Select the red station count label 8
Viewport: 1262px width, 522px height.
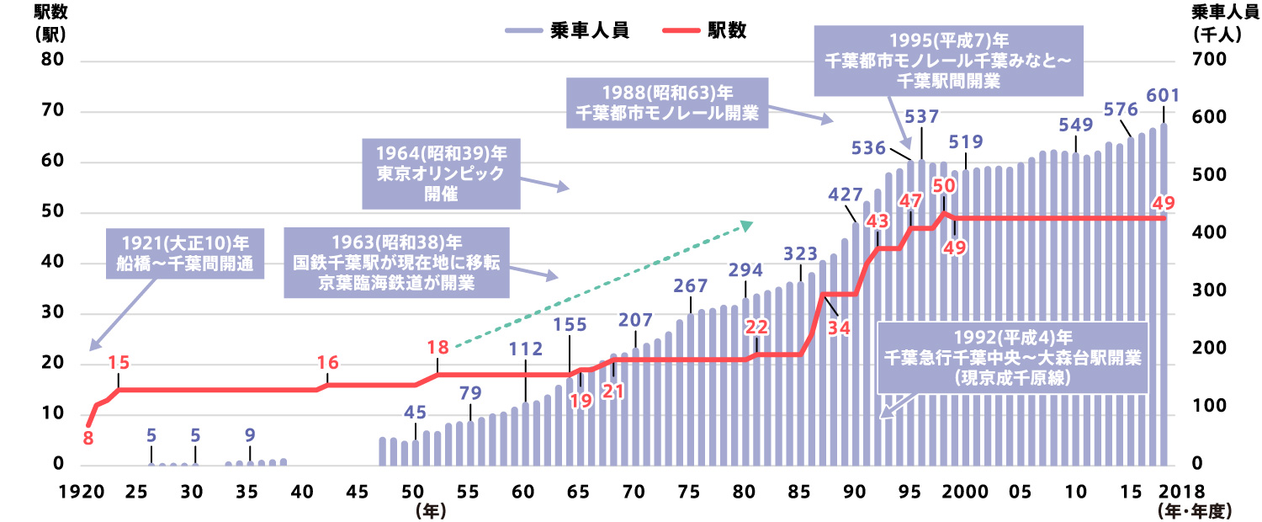tap(87, 439)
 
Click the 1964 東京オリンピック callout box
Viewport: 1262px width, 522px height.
tap(440, 175)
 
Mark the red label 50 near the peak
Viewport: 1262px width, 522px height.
tap(943, 185)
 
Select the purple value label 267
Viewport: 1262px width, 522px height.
tap(691, 285)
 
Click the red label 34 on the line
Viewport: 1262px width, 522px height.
tap(838, 328)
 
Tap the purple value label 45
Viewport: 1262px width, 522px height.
tap(415, 413)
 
